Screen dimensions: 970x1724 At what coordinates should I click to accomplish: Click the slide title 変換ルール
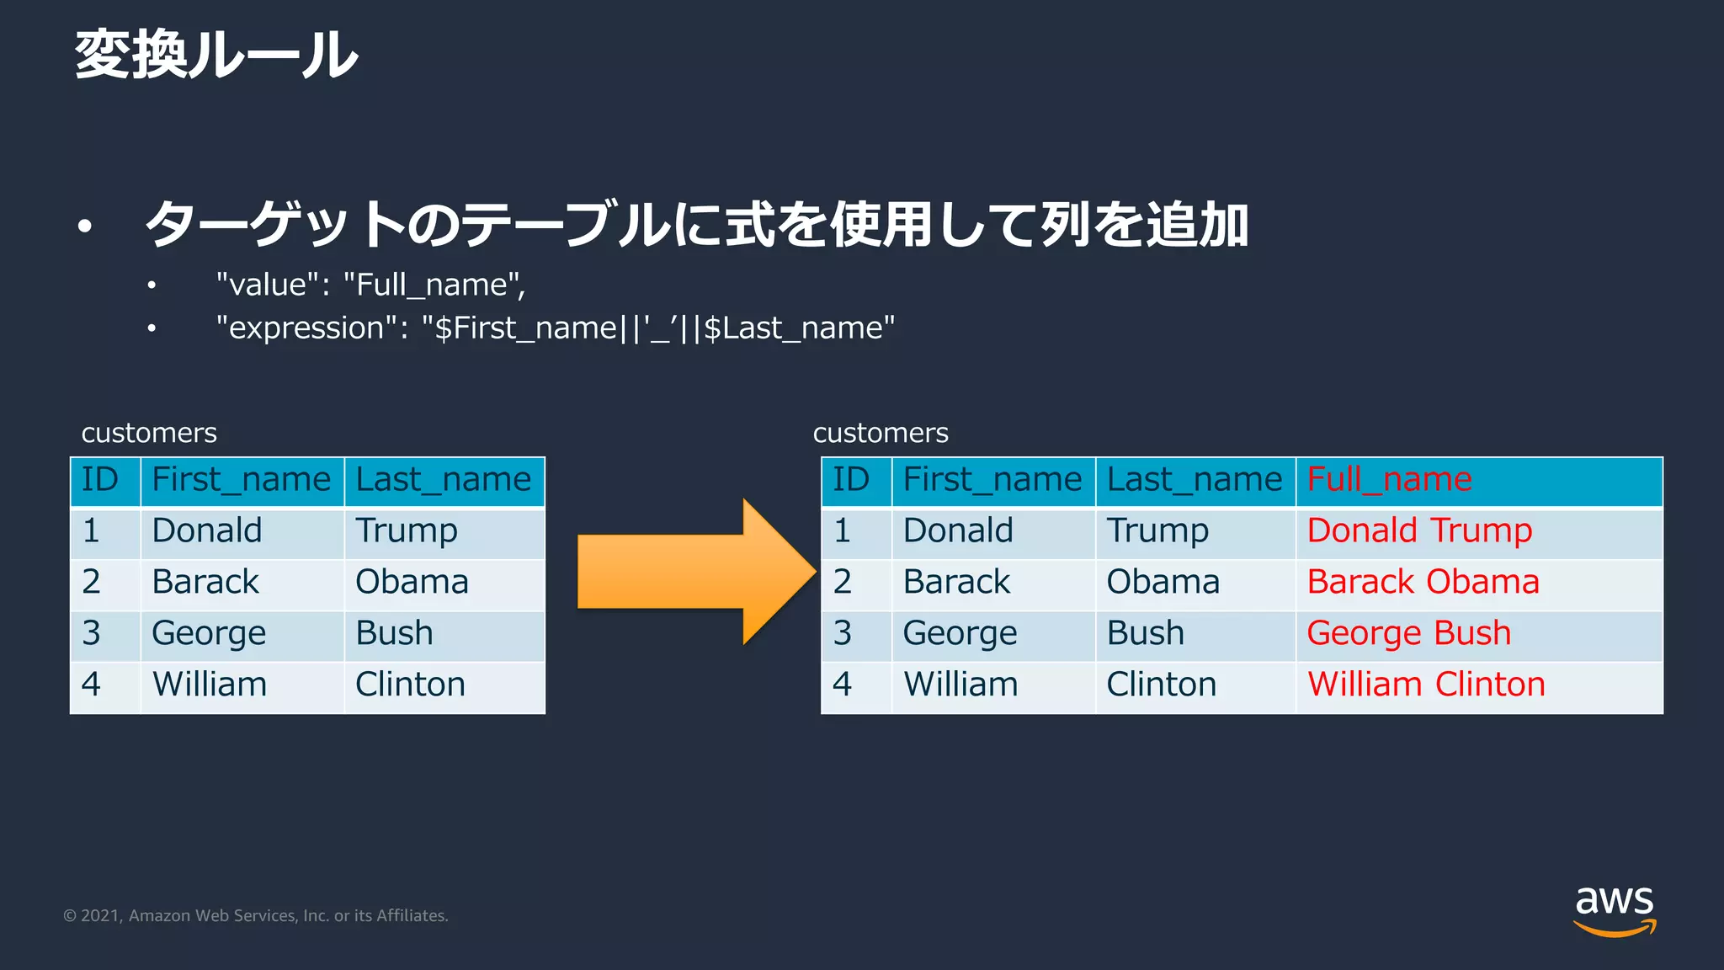click(x=216, y=56)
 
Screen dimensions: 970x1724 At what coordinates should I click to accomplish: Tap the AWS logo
click(x=1614, y=909)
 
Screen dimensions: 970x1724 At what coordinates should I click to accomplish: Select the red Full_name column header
click(x=1389, y=480)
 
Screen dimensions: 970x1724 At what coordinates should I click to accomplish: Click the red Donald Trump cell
click(x=1419, y=531)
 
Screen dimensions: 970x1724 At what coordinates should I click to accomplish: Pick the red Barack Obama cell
click(x=1423, y=583)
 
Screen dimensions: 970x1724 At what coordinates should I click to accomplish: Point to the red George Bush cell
click(x=1408, y=634)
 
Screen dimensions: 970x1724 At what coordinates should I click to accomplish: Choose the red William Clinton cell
click(x=1426, y=685)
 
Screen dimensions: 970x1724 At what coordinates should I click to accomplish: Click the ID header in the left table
click(x=100, y=480)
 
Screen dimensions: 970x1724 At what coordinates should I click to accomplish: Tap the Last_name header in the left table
click(x=443, y=480)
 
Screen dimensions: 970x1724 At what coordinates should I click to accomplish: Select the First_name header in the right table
click(x=992, y=480)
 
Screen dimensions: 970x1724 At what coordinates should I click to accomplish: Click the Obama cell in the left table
click(x=412, y=583)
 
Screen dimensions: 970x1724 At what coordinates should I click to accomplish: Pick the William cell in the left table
click(x=209, y=685)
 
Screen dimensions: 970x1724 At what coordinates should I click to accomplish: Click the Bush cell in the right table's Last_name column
click(x=1145, y=634)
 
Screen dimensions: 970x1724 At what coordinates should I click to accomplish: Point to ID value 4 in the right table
click(x=842, y=685)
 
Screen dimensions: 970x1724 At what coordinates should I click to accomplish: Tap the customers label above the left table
click(x=149, y=433)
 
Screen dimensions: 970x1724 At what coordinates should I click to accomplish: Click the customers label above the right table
click(x=881, y=433)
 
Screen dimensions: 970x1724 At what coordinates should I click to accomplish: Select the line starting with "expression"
click(x=556, y=328)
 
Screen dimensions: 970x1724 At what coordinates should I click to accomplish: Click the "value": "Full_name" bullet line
click(x=370, y=285)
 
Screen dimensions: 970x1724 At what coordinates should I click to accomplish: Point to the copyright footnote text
click(x=256, y=916)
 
